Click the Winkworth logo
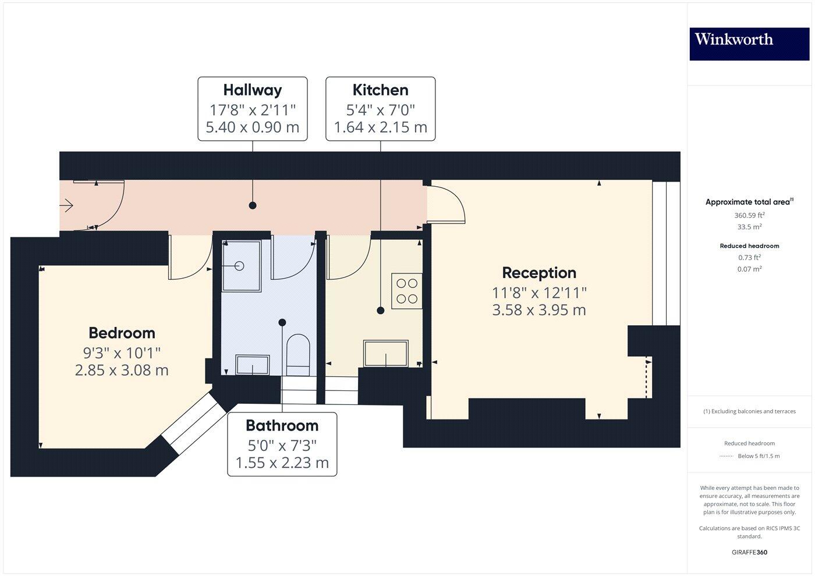[x=749, y=44]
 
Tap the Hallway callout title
[x=252, y=90]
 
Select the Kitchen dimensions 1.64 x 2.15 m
[x=380, y=127]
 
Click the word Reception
[x=539, y=273]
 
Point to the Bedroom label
[x=122, y=333]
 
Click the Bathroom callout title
[x=282, y=426]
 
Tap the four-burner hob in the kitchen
[x=407, y=291]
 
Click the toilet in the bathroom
[x=297, y=352]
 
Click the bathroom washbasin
[x=252, y=365]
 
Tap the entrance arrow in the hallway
[x=66, y=205]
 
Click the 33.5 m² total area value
[x=749, y=227]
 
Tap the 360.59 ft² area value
[x=749, y=215]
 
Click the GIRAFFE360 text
[x=749, y=552]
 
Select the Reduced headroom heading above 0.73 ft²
[x=749, y=246]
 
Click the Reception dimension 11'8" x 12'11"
[x=539, y=293]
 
